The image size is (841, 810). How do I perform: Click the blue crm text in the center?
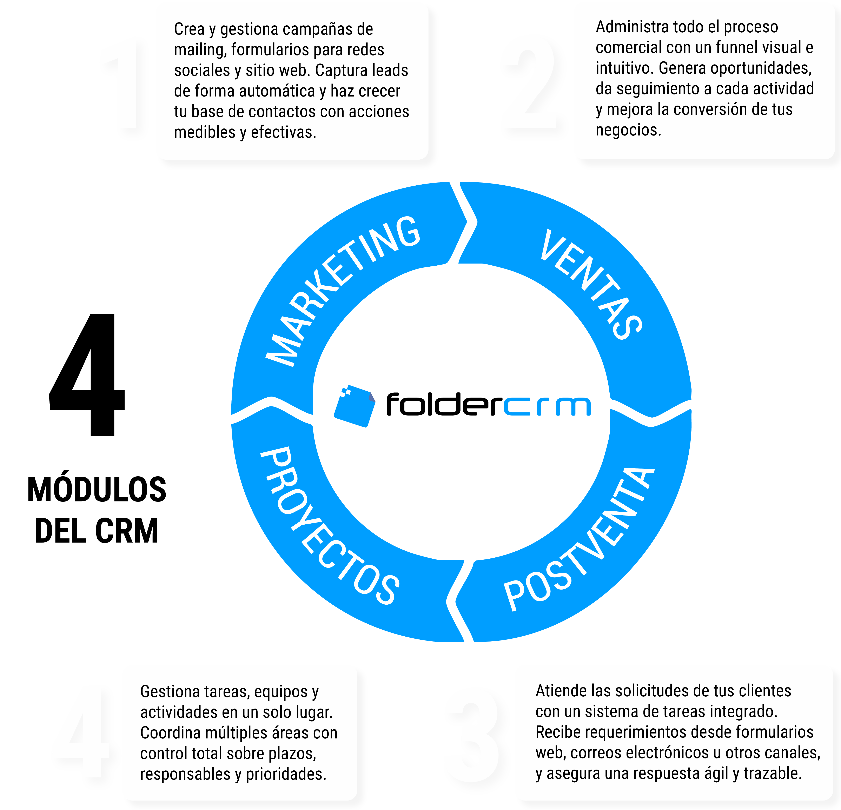coord(547,407)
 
